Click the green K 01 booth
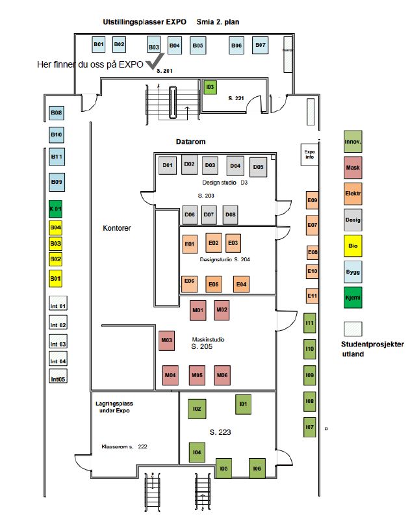57,210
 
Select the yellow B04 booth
57,227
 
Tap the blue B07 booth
260,45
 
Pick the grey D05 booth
259,167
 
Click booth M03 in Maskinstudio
167,340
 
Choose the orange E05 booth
213,284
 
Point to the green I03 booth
209,87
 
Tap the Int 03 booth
58,344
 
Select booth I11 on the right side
310,323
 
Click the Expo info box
309,153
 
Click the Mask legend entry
353,168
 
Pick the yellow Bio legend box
353,246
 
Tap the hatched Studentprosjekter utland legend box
353,328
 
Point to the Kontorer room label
117,228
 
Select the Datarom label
190,141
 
